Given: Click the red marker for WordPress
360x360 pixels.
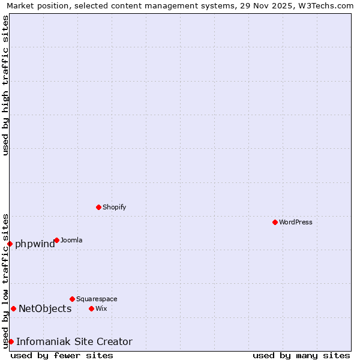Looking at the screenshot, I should [275, 222].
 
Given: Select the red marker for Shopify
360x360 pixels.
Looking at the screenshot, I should [98, 207].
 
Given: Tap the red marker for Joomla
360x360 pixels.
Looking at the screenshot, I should [56, 240].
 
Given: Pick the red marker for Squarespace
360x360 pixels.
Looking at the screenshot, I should [72, 299].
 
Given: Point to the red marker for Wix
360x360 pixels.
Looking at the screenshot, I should [91, 308].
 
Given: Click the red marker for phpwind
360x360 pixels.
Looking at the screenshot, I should [10, 244].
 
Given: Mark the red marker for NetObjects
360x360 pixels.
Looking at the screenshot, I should [13, 308].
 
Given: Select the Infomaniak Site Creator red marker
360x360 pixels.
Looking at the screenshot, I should [11, 341].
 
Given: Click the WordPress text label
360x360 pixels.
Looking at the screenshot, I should [296, 222].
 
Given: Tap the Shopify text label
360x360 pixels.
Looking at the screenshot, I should [114, 207].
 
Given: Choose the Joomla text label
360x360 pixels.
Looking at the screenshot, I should [71, 240].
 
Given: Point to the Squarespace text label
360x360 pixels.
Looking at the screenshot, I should [97, 299].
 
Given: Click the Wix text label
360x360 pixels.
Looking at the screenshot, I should [101, 308].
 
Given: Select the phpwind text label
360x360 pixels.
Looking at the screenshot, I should [35, 244].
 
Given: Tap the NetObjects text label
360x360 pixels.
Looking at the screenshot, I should [45, 308].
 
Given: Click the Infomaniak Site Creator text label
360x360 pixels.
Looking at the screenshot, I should [74, 341].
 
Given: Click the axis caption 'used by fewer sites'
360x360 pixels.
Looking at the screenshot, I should [62, 355].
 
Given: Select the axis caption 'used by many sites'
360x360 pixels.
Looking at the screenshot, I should [301, 355].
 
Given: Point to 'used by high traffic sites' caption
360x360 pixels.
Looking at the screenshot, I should [5, 85].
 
